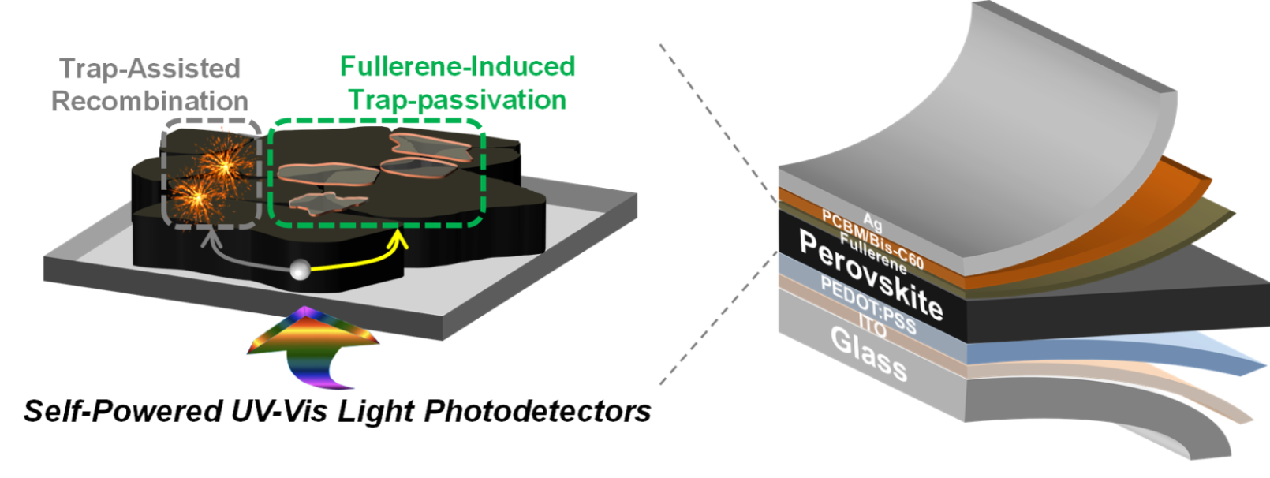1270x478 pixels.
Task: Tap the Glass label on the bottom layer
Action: (x=868, y=353)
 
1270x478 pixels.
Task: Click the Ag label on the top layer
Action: (x=872, y=222)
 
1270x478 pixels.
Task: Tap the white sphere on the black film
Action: (x=299, y=270)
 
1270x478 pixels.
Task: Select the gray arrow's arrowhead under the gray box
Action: (x=209, y=237)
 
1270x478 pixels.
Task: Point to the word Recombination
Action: (x=150, y=101)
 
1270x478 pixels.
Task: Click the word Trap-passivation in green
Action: (x=458, y=100)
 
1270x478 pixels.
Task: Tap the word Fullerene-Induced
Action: (x=458, y=66)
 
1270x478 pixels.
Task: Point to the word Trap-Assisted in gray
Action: (x=150, y=69)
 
